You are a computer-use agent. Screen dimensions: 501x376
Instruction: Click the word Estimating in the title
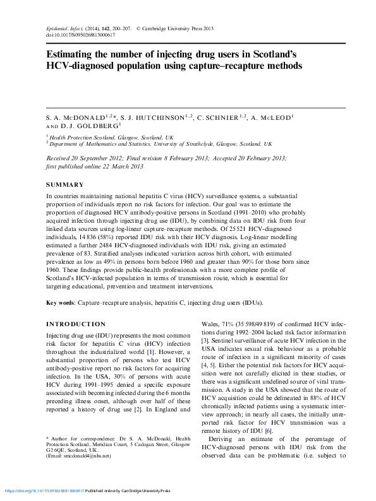[x=72, y=55]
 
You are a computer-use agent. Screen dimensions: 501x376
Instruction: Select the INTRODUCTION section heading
[x=76, y=324]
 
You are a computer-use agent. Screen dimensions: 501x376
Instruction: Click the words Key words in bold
[x=60, y=303]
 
